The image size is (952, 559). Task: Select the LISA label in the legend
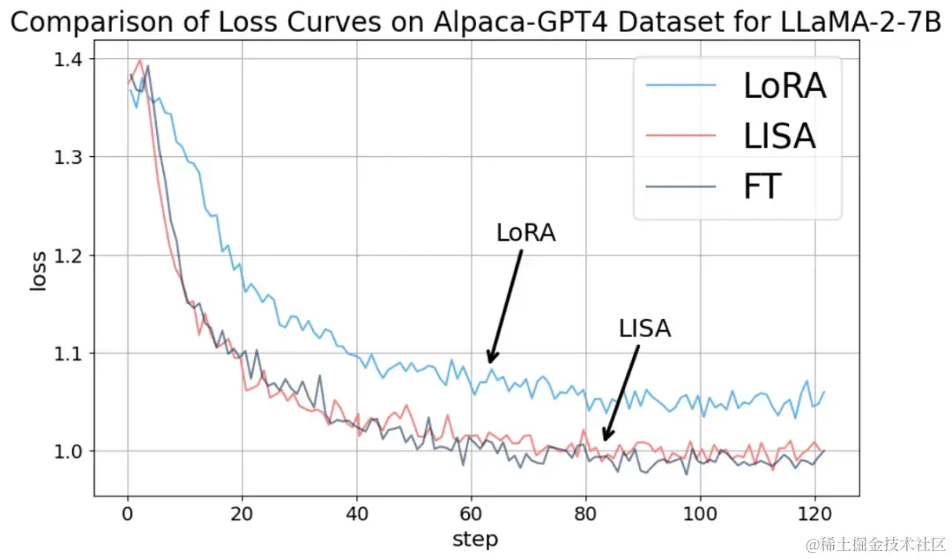pos(780,136)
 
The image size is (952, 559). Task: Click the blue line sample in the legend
pos(681,86)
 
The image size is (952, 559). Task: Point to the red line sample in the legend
pos(681,136)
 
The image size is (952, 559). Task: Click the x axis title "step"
pos(474,538)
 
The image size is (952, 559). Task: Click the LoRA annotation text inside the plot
pos(526,233)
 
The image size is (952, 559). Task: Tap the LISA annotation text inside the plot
pos(644,329)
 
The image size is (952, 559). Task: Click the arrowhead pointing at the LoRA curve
pos(492,357)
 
